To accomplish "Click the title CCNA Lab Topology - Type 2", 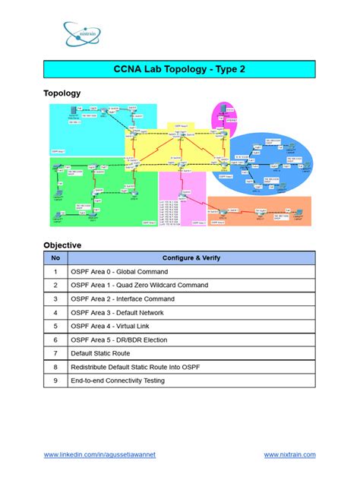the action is pyautogui.click(x=179, y=70).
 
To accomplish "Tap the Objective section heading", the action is pyautogui.click(x=62, y=245).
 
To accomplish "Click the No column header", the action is pyautogui.click(x=55, y=257).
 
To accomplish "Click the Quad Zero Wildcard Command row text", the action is pyautogui.click(x=140, y=285).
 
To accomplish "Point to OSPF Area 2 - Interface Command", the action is pyautogui.click(x=122, y=298).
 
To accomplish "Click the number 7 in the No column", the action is pyautogui.click(x=55, y=353).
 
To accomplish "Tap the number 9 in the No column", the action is pyautogui.click(x=55, y=381).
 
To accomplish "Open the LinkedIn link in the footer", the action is pyautogui.click(x=99, y=454).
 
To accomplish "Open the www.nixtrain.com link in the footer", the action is pyautogui.click(x=289, y=454).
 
